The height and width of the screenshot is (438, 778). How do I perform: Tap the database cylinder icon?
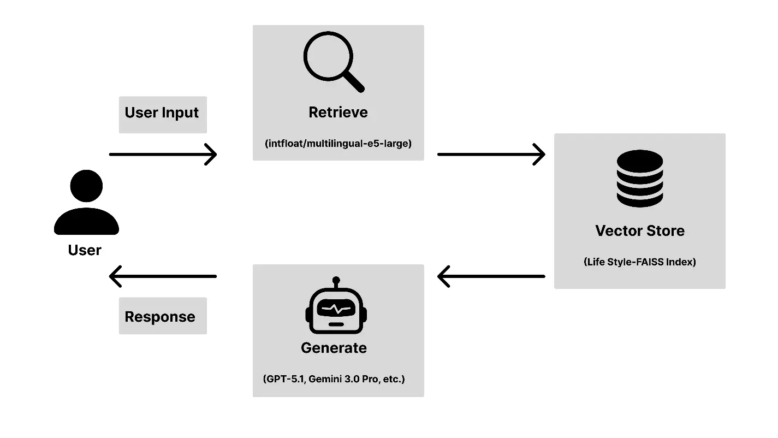coord(639,179)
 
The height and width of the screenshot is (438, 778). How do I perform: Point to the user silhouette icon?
coord(86,203)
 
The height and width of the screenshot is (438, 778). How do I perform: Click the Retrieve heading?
coord(338,113)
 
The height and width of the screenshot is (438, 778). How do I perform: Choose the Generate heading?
coord(334,348)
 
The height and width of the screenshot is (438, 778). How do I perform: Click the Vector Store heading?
coord(639,230)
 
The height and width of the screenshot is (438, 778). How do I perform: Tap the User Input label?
coord(162,113)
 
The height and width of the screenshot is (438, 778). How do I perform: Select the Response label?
coord(160,317)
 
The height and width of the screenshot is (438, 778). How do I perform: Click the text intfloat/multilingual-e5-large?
coord(338,144)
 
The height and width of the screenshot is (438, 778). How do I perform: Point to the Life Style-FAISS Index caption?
coord(639,262)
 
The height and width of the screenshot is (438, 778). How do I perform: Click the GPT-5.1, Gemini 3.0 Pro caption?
coord(334,379)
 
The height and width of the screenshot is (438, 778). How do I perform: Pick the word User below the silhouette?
coord(85,250)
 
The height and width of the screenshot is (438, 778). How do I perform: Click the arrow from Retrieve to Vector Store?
coord(491,155)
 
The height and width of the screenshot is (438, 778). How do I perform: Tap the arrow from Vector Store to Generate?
coord(491,276)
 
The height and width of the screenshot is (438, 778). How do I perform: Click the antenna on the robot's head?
coord(336,281)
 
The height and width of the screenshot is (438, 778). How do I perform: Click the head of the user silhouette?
coord(86,186)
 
